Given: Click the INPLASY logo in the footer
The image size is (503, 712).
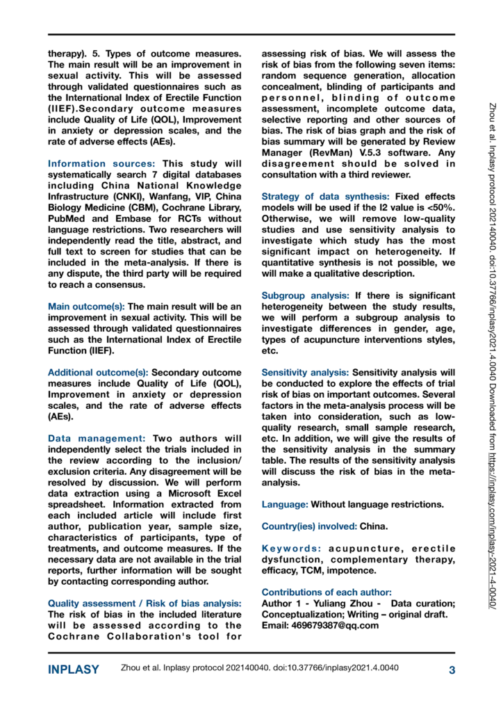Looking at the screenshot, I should (73, 670).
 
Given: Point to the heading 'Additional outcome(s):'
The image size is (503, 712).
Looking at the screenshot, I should (99, 373).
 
